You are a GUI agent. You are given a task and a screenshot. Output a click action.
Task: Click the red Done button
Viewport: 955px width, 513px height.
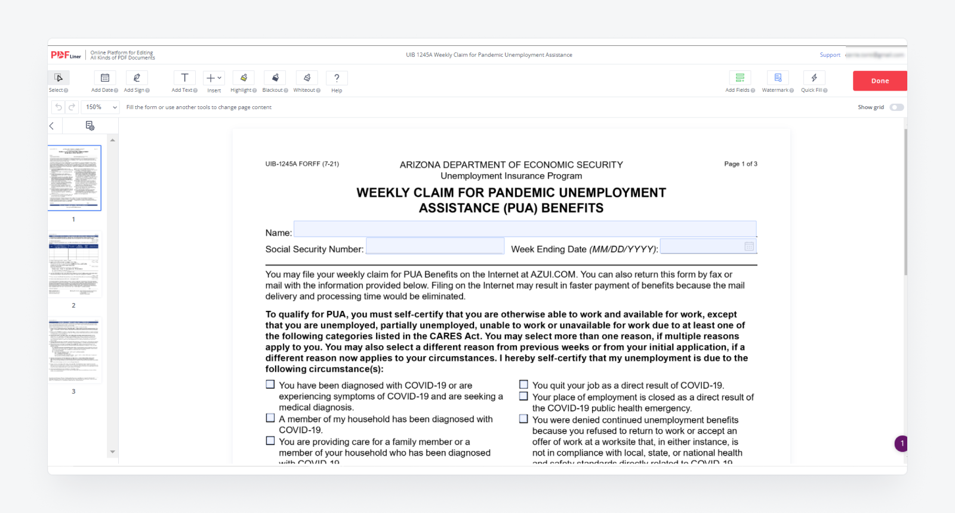[879, 81]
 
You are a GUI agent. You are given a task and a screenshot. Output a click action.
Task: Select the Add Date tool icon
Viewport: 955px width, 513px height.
[104, 78]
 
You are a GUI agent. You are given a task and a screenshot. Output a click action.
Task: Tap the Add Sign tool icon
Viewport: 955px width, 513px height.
[137, 78]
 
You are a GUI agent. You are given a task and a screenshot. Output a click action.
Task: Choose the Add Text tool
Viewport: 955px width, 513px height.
[184, 78]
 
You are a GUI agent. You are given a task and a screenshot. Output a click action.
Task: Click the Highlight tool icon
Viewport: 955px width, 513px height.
[244, 78]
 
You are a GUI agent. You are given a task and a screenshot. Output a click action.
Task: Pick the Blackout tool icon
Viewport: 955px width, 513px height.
[275, 78]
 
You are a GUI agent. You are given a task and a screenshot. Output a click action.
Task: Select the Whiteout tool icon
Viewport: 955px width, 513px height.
[307, 78]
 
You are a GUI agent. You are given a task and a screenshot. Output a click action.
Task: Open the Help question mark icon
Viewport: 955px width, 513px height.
[337, 78]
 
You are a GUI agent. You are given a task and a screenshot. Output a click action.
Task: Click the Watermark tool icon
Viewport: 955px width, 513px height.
[778, 78]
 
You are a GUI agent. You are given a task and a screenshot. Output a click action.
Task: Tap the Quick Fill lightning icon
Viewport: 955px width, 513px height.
[814, 78]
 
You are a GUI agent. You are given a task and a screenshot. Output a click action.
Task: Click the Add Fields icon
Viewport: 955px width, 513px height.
[740, 78]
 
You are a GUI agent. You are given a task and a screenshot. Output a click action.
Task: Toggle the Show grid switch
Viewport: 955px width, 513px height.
[897, 107]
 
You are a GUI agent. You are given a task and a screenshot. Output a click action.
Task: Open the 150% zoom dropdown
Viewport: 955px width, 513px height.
[101, 107]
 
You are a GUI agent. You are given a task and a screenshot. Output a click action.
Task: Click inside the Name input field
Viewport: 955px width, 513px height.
[525, 229]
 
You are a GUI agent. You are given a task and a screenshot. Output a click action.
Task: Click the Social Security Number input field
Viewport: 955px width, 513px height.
[435, 246]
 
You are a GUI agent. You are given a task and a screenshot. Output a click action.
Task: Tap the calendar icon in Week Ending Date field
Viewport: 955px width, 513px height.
[749, 246]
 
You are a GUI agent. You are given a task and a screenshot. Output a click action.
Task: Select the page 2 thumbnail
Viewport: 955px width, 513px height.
[74, 264]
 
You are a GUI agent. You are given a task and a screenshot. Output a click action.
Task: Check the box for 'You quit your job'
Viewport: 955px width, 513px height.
[523, 385]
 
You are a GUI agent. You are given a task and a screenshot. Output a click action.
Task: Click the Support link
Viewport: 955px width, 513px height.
[830, 55]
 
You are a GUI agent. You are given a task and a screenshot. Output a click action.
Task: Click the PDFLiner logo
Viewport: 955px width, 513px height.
[66, 55]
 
